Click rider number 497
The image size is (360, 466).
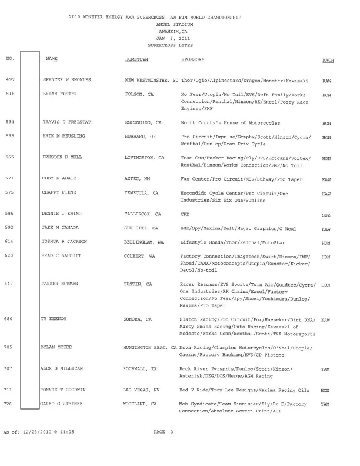coord(9,79)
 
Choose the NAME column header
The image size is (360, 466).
coord(51,60)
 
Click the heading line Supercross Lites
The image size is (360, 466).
coord(171,45)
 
